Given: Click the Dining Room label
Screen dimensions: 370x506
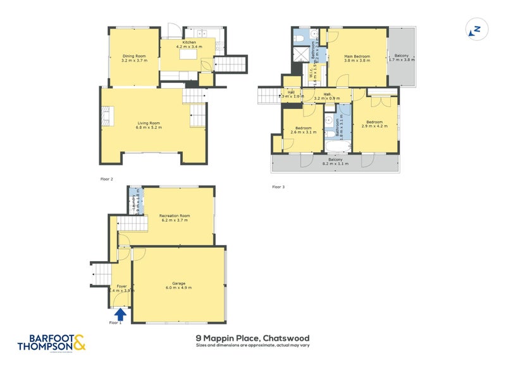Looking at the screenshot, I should pyautogui.click(x=134, y=56).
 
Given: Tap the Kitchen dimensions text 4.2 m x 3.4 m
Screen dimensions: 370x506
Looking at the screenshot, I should pyautogui.click(x=189, y=47).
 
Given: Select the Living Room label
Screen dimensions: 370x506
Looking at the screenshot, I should pyautogui.click(x=149, y=123).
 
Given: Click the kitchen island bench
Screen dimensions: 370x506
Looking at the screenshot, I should pyautogui.click(x=189, y=57).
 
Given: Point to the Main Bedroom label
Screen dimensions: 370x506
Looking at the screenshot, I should pyautogui.click(x=357, y=56).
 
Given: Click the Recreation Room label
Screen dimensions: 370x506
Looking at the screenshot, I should pyautogui.click(x=175, y=215).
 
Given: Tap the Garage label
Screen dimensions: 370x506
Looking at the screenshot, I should pyautogui.click(x=178, y=283).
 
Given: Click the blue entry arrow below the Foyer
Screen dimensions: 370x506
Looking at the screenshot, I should pyautogui.click(x=120, y=313).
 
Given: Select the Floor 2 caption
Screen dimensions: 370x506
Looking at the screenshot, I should pyautogui.click(x=107, y=179).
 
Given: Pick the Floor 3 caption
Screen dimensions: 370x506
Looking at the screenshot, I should pyautogui.click(x=278, y=187).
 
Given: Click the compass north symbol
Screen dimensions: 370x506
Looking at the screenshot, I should pyautogui.click(x=476, y=30).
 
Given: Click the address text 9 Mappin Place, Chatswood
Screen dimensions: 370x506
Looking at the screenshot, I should pyautogui.click(x=253, y=338).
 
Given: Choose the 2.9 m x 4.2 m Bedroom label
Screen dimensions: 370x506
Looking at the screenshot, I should pyautogui.click(x=374, y=124).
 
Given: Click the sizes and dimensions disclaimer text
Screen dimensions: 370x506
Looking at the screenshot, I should pyautogui.click(x=253, y=346).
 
